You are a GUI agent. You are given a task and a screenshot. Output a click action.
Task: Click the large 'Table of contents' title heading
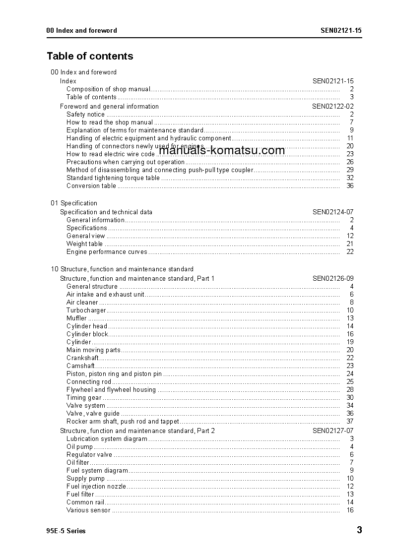(90, 56)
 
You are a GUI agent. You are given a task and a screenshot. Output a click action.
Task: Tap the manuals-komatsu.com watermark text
(222, 150)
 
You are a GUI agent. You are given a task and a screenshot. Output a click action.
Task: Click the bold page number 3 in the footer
(359, 530)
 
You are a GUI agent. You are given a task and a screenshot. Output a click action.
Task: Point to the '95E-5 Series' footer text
(66, 531)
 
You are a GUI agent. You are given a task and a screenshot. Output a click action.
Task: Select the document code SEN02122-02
(332, 106)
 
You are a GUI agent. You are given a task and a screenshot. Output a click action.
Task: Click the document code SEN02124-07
(332, 212)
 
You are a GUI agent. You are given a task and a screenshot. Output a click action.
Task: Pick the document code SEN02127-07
(332, 431)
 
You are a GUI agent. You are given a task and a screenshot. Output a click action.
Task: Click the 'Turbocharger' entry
(86, 310)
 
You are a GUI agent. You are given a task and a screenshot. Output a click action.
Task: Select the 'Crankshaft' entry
(82, 358)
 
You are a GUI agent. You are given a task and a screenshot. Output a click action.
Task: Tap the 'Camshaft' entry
(80, 366)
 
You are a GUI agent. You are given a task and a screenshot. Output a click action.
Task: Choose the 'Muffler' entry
(76, 318)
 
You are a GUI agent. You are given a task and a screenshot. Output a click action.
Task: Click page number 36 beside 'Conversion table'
(350, 186)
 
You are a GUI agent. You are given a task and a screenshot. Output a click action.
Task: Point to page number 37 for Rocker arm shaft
(350, 421)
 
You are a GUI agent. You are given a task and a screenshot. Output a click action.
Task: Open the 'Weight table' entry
(84, 244)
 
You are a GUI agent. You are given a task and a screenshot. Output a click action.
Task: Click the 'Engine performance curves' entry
(107, 251)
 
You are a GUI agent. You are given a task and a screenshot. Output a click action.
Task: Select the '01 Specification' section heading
(74, 203)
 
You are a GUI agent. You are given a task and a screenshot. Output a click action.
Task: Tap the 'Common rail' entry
(85, 502)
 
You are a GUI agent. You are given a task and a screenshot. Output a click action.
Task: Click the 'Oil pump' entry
(79, 446)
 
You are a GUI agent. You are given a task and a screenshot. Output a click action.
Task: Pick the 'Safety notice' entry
(85, 114)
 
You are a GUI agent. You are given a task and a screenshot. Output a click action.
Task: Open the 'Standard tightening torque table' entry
(113, 178)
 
